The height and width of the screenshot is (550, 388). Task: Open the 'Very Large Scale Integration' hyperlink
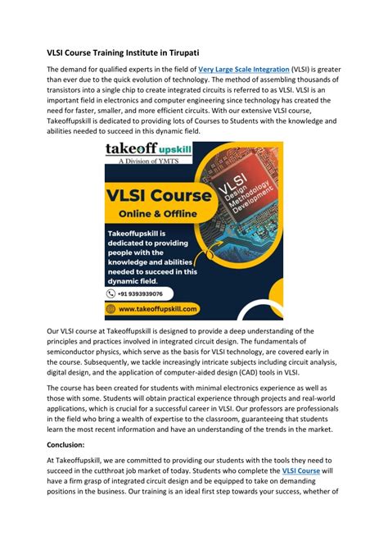coord(243,70)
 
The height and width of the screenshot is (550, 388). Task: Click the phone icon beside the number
coord(113,293)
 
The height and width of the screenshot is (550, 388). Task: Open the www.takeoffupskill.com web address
coord(159,310)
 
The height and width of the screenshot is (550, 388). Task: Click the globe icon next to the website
coord(112,310)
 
